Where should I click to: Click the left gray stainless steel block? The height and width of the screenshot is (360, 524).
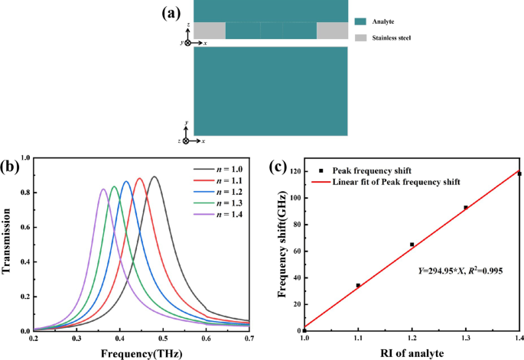pyautogui.click(x=210, y=31)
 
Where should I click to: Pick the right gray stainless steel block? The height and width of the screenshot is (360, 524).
pyautogui.click(x=332, y=31)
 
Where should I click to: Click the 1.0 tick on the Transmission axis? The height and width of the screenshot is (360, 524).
pyautogui.click(x=24, y=158)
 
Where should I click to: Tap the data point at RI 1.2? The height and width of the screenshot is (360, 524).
pyautogui.click(x=412, y=245)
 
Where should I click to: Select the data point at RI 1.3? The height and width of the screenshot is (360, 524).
pyautogui.click(x=465, y=207)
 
